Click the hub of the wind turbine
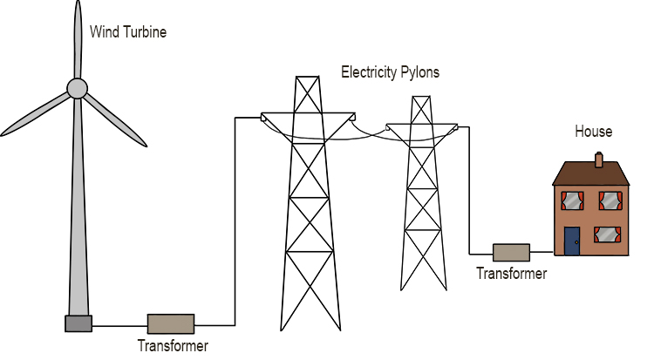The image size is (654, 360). (x=78, y=88)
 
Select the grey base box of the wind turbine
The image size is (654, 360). (x=78, y=323)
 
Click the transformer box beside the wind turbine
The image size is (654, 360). (x=170, y=323)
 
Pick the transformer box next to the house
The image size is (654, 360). (x=511, y=253)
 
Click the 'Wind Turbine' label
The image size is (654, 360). (x=128, y=32)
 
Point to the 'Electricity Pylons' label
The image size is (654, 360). (x=390, y=72)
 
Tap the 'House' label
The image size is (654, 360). (x=593, y=132)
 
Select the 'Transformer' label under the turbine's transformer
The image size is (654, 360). (x=173, y=345)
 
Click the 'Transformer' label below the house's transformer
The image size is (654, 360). (x=511, y=274)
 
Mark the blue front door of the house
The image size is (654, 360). (x=571, y=241)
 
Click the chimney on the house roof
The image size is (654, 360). (x=598, y=159)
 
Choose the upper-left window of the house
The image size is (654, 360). (x=571, y=201)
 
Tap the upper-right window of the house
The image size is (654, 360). (x=608, y=201)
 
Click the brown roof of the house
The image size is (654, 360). (x=590, y=173)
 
